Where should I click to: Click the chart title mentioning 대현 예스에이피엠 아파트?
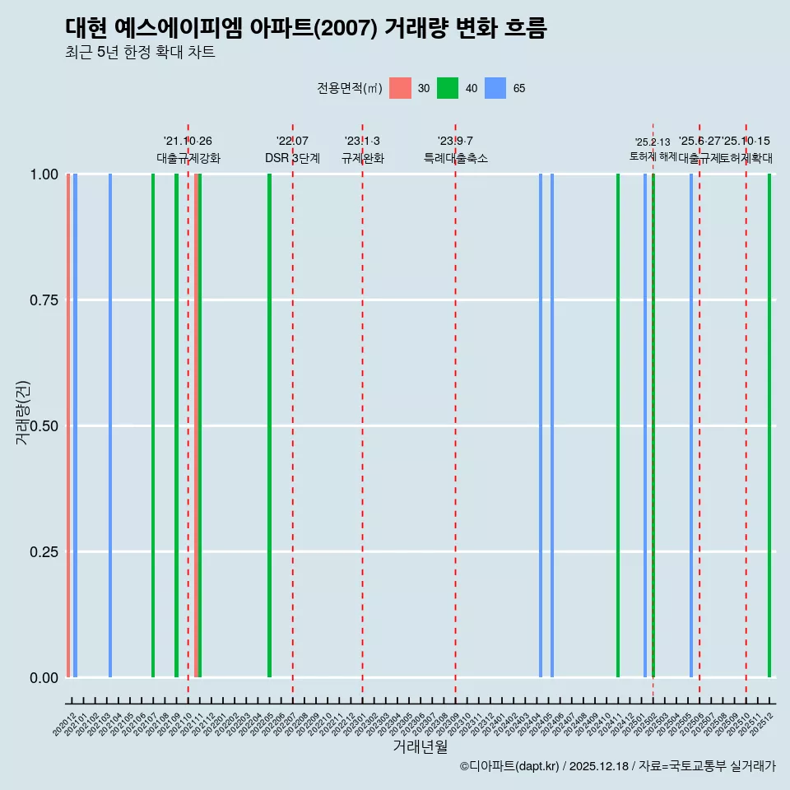(x=305, y=28)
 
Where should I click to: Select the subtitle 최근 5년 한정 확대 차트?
(x=140, y=53)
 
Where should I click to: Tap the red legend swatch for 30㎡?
(x=400, y=88)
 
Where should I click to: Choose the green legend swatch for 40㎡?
(x=448, y=88)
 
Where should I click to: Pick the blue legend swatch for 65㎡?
(x=495, y=88)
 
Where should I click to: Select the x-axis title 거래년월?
(x=420, y=746)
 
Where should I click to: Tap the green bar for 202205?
(x=269, y=425)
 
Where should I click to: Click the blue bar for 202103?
(x=110, y=425)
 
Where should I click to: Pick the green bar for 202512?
(x=769, y=425)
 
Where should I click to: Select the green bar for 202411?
(x=618, y=425)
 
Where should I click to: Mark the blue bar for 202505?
(x=691, y=425)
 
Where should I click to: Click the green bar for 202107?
(x=153, y=425)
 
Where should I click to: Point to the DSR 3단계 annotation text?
(x=292, y=158)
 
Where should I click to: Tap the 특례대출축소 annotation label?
(x=456, y=158)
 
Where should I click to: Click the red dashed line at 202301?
(x=362, y=411)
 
